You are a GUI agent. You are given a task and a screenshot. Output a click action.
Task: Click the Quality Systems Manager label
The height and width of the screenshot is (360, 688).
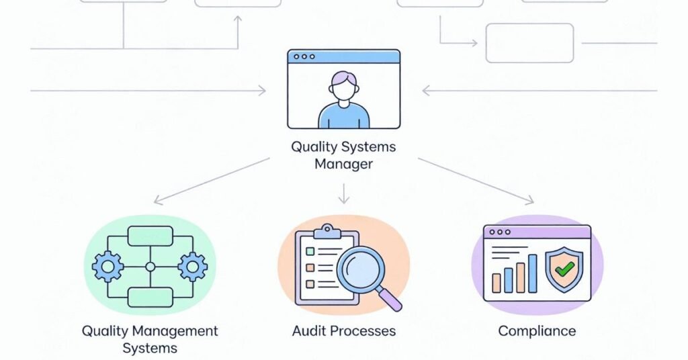[x=343, y=155]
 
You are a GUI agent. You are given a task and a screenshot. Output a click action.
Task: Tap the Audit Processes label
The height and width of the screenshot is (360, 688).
[x=343, y=330]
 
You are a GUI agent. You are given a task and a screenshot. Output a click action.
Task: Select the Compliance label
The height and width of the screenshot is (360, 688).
[x=536, y=330]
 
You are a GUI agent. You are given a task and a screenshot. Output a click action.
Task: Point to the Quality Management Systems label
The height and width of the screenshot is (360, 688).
[x=150, y=339]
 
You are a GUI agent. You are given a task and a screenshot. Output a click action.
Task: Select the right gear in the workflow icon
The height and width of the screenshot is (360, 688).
[x=193, y=267]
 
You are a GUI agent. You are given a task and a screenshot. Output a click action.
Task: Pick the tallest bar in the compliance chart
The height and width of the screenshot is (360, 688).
[x=532, y=273]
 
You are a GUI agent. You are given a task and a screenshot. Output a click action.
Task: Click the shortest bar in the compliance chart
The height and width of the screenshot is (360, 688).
[x=497, y=282]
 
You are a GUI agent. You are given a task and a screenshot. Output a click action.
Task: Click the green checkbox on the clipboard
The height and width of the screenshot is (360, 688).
[x=310, y=251]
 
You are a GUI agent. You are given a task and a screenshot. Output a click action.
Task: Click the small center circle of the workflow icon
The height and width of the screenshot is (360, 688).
[x=150, y=267]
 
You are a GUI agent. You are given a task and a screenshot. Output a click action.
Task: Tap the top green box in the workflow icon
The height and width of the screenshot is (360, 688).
[x=150, y=236]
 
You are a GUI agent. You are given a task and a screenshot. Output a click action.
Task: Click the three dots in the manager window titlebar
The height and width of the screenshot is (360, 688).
[x=303, y=57]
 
